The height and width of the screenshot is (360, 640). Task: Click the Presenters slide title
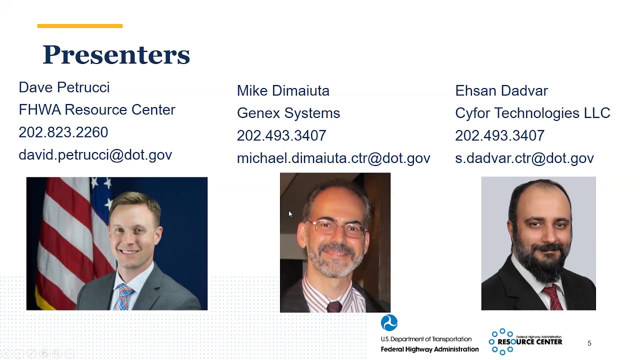pos(116,54)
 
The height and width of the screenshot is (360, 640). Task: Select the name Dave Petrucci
pos(64,87)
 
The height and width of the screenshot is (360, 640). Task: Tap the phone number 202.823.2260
pos(63,132)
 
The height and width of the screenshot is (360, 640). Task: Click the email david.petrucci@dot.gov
pos(95,155)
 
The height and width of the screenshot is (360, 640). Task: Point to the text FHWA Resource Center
pos(97,109)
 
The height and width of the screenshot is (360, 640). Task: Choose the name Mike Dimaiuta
pos(283,90)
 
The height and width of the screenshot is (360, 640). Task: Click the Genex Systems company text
pos(288,113)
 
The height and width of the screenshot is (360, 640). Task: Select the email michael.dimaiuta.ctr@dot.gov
pos(333,158)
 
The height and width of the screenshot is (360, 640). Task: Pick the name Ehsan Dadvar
pos(501,90)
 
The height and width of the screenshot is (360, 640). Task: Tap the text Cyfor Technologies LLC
pos(532,113)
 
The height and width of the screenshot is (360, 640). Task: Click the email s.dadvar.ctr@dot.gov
pos(524,158)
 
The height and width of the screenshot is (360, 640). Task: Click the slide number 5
pos(589,343)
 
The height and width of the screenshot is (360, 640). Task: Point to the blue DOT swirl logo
pos(389,323)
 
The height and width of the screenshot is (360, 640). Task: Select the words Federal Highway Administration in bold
pos(429,349)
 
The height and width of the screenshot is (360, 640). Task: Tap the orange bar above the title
pos(80,26)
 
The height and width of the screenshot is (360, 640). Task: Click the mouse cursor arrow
pos(290,214)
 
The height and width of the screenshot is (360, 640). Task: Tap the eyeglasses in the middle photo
pos(337,228)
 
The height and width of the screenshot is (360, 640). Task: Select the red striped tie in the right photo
pos(553,297)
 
